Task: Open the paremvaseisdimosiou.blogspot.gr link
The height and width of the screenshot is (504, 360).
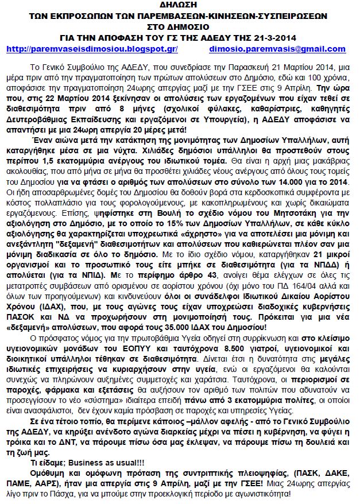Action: [92, 49]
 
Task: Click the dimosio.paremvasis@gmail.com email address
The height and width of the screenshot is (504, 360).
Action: [278, 49]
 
